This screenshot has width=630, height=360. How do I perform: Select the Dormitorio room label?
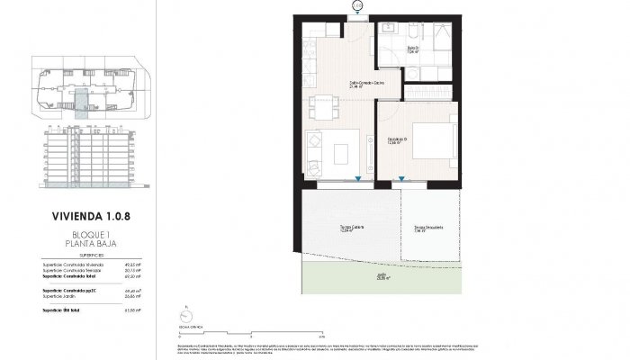click(x=398, y=139)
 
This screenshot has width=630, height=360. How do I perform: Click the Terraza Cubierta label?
click(x=339, y=228)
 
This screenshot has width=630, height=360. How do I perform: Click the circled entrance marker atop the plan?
click(x=358, y=6)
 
